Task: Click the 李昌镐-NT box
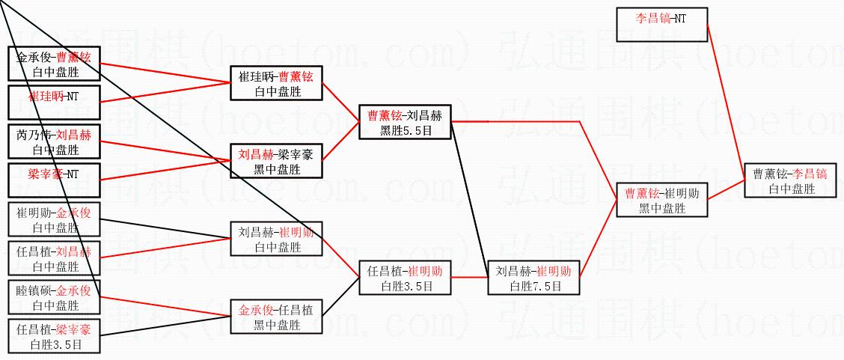click(661, 24)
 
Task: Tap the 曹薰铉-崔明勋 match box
click(662, 200)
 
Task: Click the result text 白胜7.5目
click(534, 286)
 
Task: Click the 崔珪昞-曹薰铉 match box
click(276, 83)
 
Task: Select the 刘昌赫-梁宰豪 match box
click(276, 161)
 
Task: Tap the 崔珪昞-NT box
click(52, 103)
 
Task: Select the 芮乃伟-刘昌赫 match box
click(52, 141)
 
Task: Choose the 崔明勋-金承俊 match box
click(52, 219)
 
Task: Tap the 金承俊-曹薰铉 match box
click(52, 64)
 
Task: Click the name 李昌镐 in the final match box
click(810, 174)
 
